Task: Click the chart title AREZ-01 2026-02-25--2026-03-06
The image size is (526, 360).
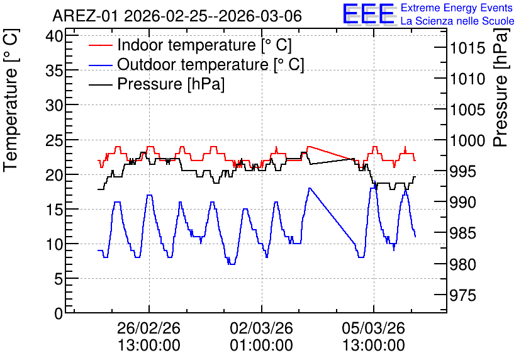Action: tap(177, 16)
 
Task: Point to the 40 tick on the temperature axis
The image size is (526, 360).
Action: tap(54, 36)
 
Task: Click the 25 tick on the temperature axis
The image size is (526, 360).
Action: tap(54, 140)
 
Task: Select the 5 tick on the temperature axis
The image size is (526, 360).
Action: tap(59, 278)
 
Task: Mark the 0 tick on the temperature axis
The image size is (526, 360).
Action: tap(59, 313)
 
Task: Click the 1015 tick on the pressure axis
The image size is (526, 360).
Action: tap(467, 48)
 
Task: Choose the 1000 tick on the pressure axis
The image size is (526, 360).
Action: tap(467, 140)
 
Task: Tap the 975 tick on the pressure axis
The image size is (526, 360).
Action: tap(462, 295)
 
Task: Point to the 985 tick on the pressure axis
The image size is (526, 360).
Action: tap(462, 233)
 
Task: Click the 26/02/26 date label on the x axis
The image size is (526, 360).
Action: tap(148, 328)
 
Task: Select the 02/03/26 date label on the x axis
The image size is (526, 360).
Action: tap(261, 328)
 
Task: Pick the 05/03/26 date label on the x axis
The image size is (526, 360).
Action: tap(374, 328)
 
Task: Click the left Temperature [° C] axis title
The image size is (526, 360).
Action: tap(11, 101)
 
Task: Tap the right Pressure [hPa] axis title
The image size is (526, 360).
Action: tap(501, 87)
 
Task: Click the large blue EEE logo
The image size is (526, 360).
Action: tap(368, 14)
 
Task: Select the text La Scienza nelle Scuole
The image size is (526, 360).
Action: tap(457, 21)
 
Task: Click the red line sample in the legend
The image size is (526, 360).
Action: tap(100, 45)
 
